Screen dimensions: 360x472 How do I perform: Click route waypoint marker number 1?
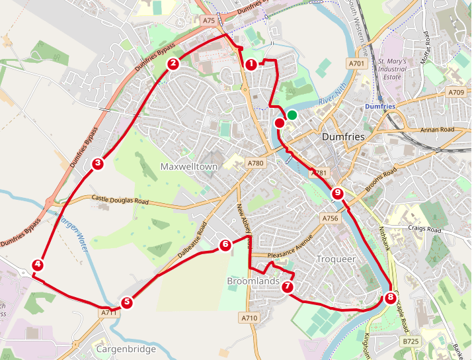(x=251, y=65)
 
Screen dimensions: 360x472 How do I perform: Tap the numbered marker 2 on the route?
(x=173, y=64)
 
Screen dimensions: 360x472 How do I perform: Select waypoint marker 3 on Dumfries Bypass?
(x=98, y=163)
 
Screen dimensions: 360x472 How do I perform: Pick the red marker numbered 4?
(x=38, y=265)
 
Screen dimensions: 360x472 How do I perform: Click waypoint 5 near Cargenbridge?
(x=127, y=302)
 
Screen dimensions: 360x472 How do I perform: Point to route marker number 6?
(x=225, y=245)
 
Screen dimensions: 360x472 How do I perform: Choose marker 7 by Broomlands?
(x=287, y=287)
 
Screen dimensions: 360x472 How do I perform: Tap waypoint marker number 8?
(x=390, y=298)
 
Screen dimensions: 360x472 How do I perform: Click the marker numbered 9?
(x=338, y=193)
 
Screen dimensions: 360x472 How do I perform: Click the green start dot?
(x=292, y=115)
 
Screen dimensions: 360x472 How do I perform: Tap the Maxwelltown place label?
(x=189, y=167)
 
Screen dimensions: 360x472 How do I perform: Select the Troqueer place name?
(x=336, y=259)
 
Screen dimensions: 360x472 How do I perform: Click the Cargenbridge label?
(x=126, y=349)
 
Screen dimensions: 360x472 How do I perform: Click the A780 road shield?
(x=255, y=163)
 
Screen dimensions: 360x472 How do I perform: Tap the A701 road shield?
(x=356, y=64)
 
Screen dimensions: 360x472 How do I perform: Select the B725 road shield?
(x=411, y=341)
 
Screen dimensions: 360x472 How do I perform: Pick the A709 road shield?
(x=456, y=92)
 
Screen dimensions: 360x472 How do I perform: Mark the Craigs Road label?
(x=424, y=230)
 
